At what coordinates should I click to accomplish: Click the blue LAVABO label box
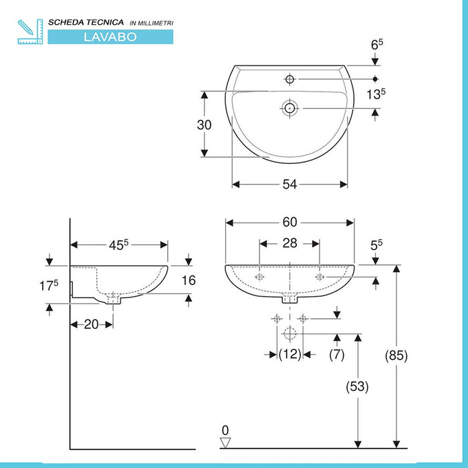tap(110, 37)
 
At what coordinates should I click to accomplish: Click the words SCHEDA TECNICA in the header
tap(86, 22)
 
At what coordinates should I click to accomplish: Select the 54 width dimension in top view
tap(289, 185)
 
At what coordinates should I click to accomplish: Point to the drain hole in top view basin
tap(289, 107)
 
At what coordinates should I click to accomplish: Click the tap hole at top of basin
tap(289, 80)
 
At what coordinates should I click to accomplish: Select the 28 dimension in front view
tap(289, 243)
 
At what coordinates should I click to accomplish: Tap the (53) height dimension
tap(358, 386)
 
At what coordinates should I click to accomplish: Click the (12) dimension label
tap(289, 355)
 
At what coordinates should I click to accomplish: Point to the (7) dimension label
tap(336, 355)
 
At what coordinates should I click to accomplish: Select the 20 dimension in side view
tap(91, 324)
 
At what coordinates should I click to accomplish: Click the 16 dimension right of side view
tap(189, 281)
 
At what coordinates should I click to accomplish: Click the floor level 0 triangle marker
tap(225, 441)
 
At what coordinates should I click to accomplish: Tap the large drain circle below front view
tap(289, 334)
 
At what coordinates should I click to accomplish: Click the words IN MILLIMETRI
tap(151, 23)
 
